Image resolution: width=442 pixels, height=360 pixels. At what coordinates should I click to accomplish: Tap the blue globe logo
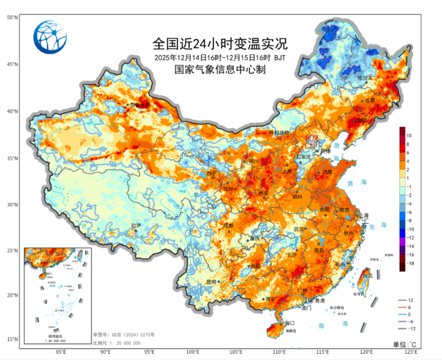click(x=50, y=36)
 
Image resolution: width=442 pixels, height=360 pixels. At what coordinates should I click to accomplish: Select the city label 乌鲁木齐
click(x=141, y=105)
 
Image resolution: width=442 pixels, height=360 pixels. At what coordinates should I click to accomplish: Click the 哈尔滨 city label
click(x=365, y=78)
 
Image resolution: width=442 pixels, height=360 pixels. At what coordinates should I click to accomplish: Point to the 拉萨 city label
click(x=136, y=225)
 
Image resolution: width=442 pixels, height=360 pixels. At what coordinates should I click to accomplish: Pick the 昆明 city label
click(x=211, y=282)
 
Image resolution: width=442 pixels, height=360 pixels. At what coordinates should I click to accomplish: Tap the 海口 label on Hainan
click(x=290, y=323)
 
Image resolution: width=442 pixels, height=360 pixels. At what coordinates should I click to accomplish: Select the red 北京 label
click(x=312, y=138)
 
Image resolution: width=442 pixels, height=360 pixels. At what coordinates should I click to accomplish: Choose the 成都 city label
click(x=228, y=226)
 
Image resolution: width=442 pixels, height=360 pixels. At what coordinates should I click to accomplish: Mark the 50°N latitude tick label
click(x=13, y=17)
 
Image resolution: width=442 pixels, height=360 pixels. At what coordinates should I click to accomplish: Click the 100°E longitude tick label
click(x=193, y=352)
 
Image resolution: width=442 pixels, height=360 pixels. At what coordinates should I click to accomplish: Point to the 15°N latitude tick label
click(x=13, y=340)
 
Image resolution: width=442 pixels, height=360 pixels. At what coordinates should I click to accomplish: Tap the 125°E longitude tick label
click(x=412, y=352)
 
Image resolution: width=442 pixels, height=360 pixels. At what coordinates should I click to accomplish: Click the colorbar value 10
click(x=409, y=136)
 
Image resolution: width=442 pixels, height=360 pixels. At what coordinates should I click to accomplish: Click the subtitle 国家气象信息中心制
click(x=220, y=70)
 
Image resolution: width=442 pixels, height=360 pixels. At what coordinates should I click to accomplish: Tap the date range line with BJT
click(x=220, y=57)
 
